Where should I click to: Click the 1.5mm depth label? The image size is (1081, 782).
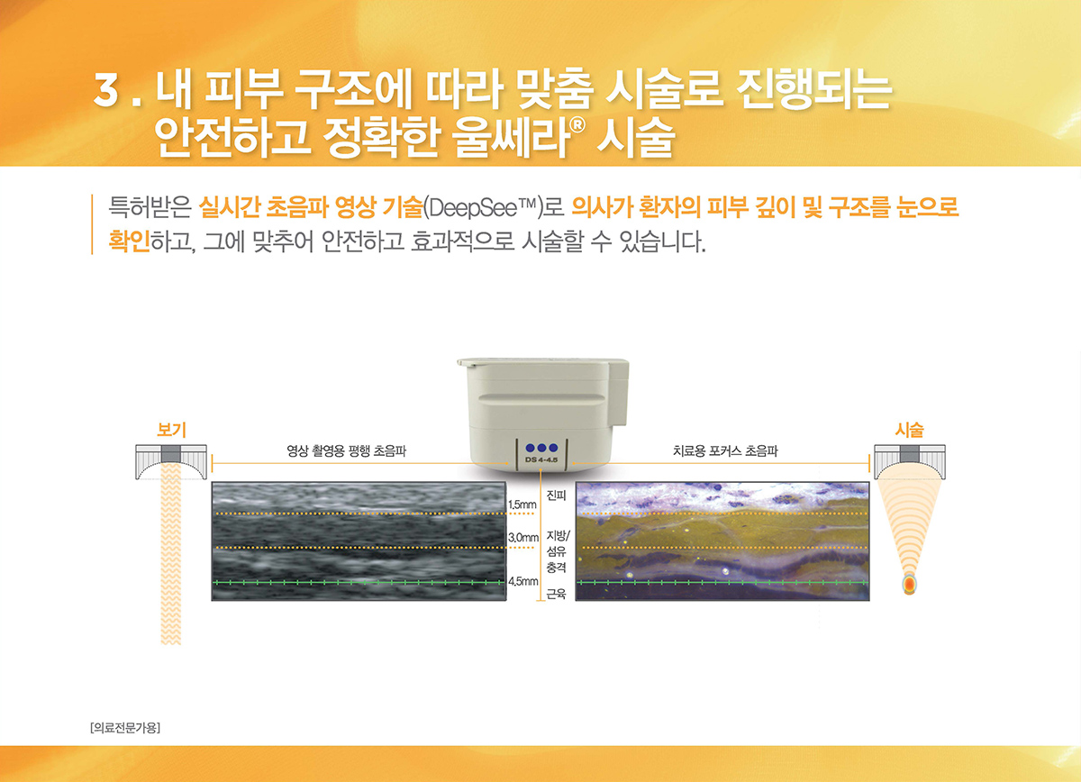click(522, 505)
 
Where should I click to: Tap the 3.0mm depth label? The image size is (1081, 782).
click(523, 538)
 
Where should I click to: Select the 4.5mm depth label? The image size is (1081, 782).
click(523, 581)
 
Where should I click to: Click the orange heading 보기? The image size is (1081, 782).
click(171, 429)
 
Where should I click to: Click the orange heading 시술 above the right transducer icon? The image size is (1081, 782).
click(909, 429)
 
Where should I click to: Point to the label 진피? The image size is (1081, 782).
click(556, 496)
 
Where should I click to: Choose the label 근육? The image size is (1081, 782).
click(556, 594)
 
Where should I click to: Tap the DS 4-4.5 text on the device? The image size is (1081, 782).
click(541, 459)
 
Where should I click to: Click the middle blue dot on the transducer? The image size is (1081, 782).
click(541, 448)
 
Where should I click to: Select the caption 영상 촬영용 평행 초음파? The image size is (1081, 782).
click(347, 450)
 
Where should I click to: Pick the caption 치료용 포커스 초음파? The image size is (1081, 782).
click(725, 450)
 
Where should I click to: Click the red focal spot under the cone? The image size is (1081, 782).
click(910, 584)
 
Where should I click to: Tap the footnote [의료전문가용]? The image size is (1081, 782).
click(125, 727)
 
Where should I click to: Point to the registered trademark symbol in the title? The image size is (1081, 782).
click(577, 124)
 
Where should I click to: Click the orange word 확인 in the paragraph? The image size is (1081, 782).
click(130, 241)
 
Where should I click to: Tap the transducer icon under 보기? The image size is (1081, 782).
click(171, 462)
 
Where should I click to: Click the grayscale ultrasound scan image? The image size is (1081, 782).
click(359, 541)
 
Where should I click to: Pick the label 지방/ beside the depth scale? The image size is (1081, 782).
click(559, 535)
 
